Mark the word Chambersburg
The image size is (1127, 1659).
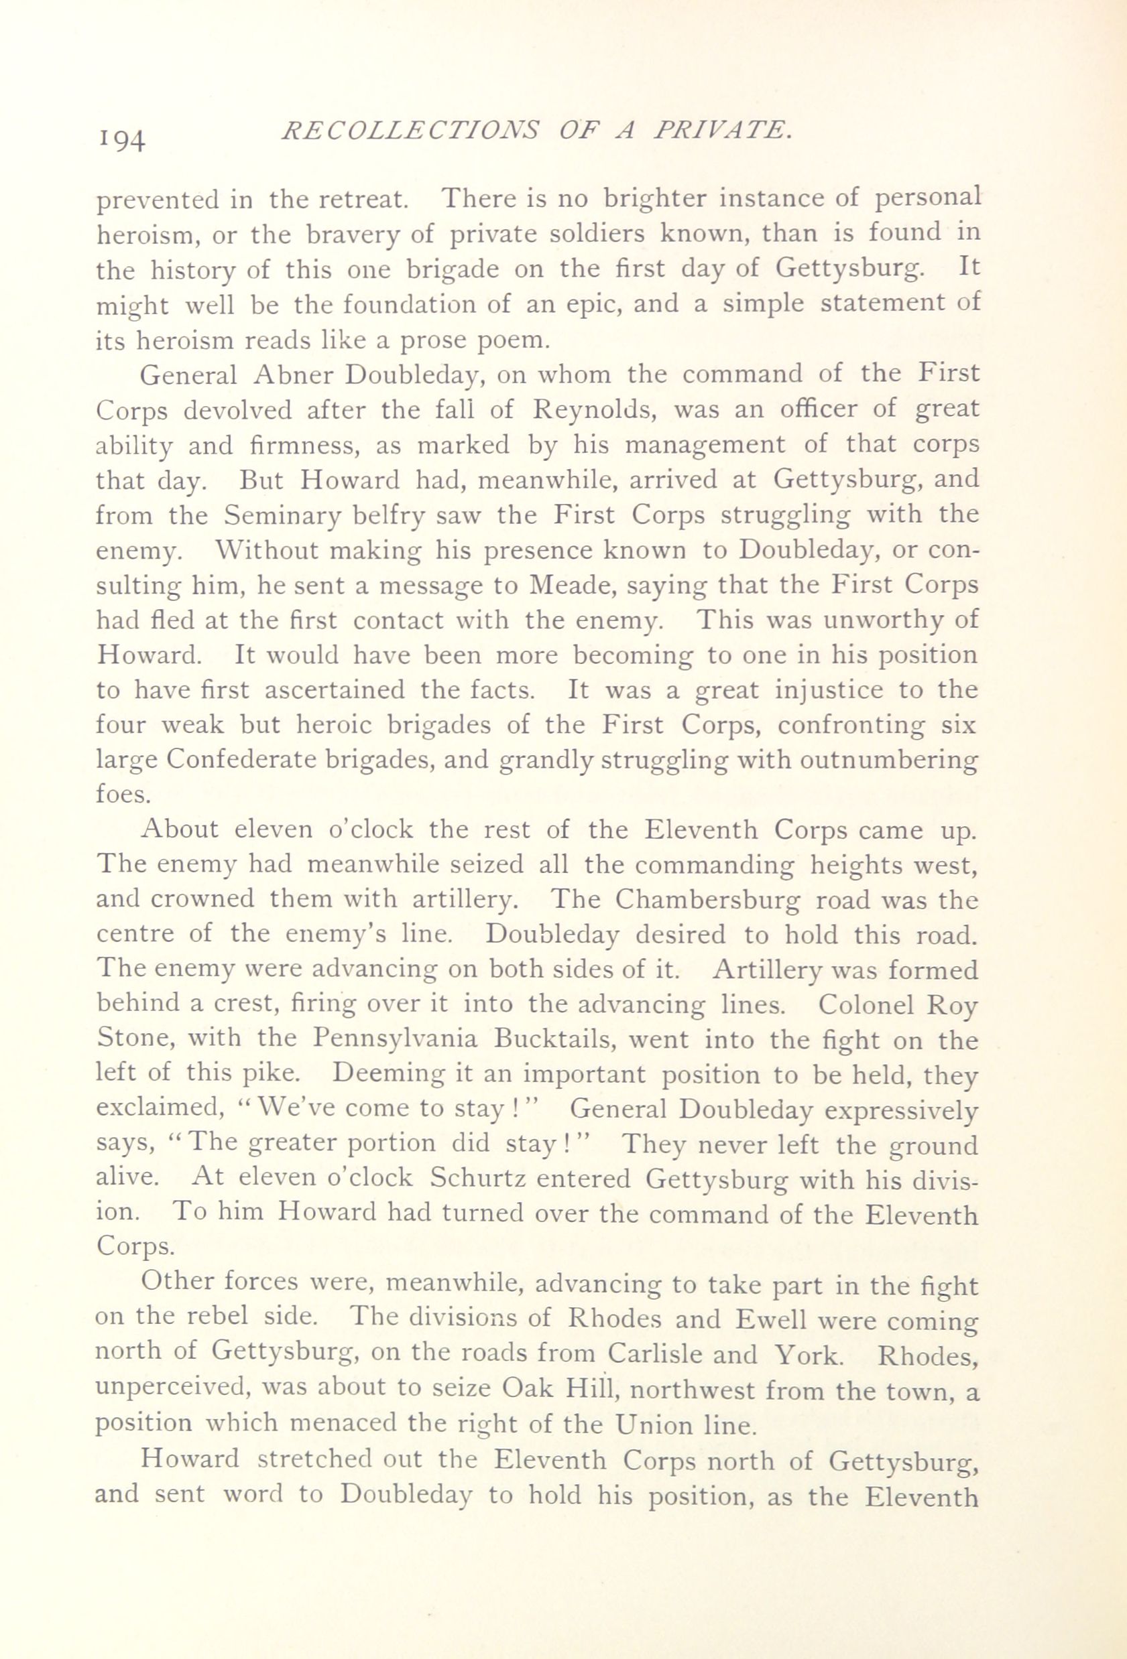tap(720, 900)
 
